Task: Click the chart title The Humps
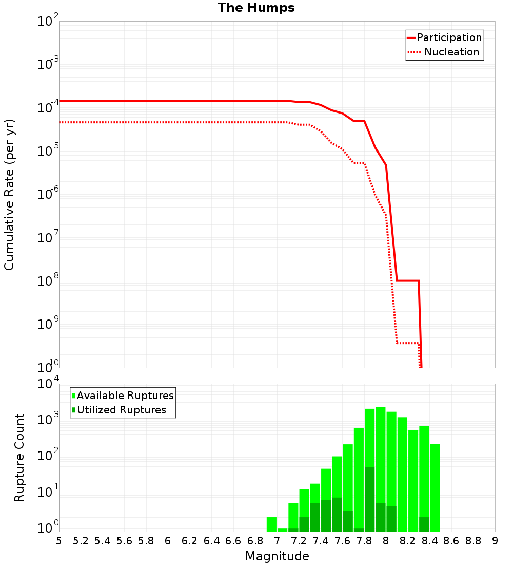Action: (x=256, y=8)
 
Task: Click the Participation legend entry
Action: (x=449, y=38)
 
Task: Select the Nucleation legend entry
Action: (x=451, y=52)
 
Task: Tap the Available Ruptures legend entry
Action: (x=125, y=395)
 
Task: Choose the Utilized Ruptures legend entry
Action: (x=121, y=410)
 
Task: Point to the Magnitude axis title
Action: (x=277, y=556)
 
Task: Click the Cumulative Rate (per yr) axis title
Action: (x=9, y=195)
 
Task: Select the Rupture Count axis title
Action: (x=19, y=458)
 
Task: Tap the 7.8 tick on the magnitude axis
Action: (x=365, y=541)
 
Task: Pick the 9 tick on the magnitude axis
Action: (x=495, y=541)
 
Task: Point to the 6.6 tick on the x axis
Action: (x=233, y=541)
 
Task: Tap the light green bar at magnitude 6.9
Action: (x=272, y=524)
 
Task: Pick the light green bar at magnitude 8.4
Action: (x=435, y=488)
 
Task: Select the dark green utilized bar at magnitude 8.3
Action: (x=424, y=524)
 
